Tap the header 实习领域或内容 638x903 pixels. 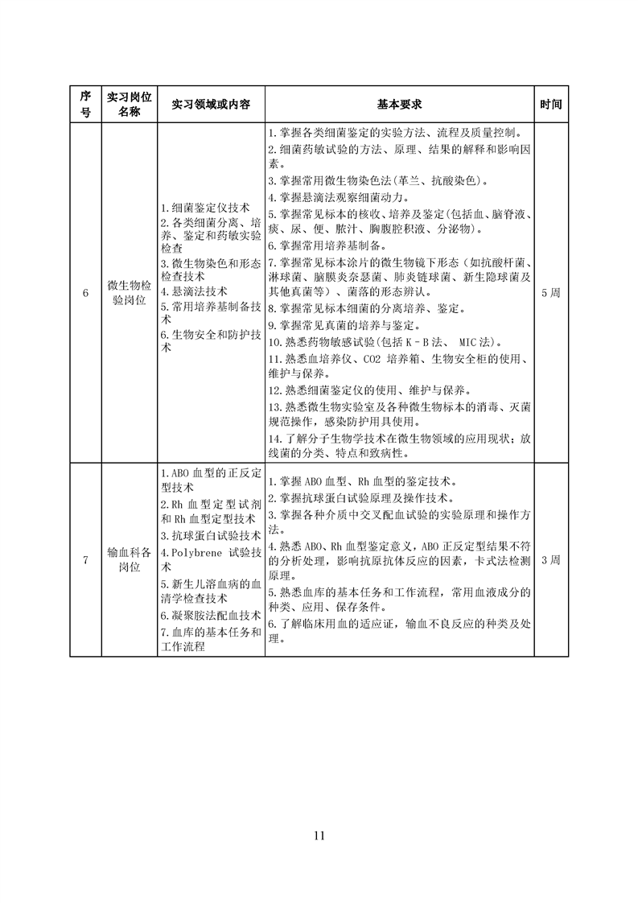click(x=211, y=105)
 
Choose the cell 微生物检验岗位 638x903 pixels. click(x=129, y=293)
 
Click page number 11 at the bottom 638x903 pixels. click(x=319, y=835)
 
